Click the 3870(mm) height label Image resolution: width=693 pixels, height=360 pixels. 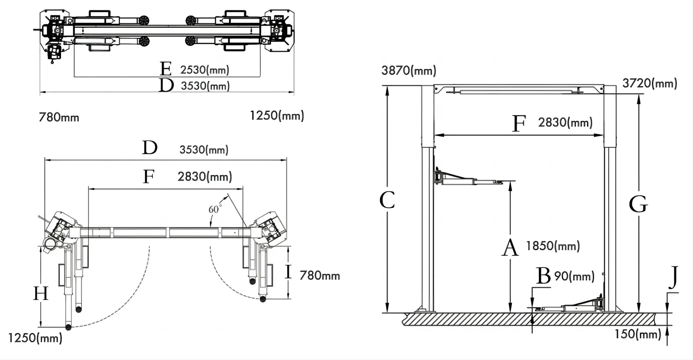(408, 70)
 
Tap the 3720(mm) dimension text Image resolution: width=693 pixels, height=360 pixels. (649, 83)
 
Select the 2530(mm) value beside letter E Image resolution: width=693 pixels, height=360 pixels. (204, 69)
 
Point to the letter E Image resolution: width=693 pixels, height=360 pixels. (165, 69)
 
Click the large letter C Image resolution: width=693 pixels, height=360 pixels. (387, 200)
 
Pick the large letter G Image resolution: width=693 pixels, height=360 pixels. (638, 204)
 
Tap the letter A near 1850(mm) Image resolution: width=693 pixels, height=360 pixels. (510, 248)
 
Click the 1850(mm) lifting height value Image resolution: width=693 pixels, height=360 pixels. (553, 246)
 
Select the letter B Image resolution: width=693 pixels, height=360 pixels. (543, 276)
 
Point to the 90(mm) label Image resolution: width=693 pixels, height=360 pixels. (574, 276)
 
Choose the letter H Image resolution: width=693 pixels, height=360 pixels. (41, 294)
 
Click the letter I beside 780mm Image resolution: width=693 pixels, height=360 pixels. (288, 272)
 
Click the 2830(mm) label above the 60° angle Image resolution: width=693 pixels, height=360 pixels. (204, 176)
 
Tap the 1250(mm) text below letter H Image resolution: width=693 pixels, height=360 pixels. (35, 337)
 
